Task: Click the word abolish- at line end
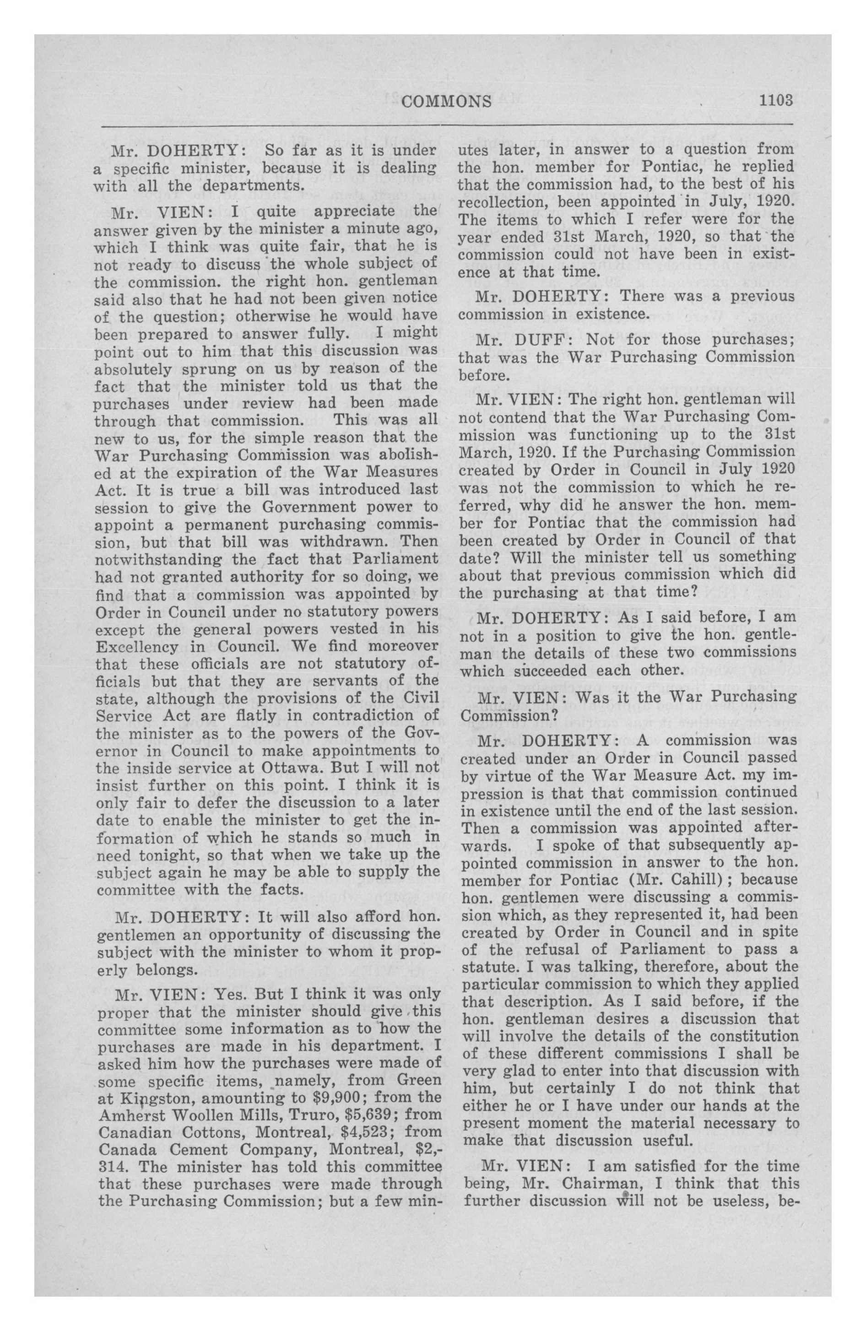coord(401,454)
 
